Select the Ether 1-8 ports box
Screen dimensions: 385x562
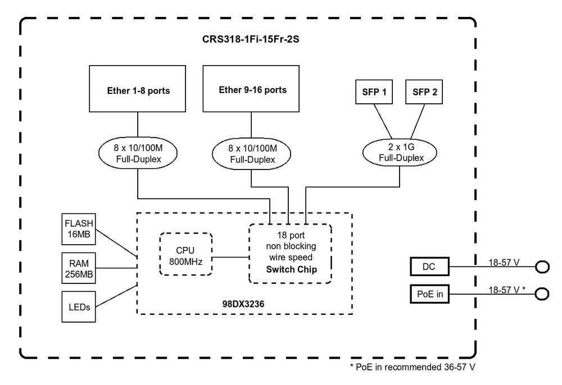138,90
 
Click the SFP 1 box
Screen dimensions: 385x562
373,92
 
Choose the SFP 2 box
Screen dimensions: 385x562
424,92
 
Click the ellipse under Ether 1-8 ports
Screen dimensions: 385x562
138,154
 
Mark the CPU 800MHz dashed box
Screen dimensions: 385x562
186,255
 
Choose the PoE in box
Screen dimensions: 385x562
430,294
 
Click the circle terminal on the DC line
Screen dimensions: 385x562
542,267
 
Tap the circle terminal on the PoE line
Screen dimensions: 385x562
542,294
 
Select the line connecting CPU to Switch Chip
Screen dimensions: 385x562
231,258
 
